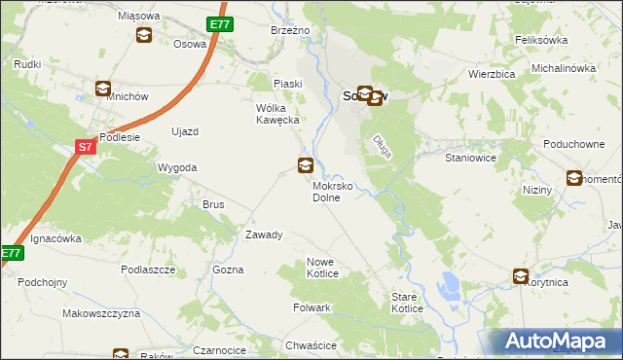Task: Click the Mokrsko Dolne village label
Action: click(338, 190)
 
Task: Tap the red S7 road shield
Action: click(86, 147)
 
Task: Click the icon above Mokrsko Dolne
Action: click(306, 165)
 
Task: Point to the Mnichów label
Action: click(102, 110)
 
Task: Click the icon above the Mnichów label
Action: click(103, 89)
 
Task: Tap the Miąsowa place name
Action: click(137, 17)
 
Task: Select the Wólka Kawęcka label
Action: click(281, 113)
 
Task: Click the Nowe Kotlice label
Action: click(322, 268)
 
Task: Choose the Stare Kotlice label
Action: click(407, 302)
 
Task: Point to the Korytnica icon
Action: click(522, 277)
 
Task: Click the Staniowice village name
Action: click(471, 157)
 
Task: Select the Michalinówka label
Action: click(563, 68)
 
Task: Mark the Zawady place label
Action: click(264, 234)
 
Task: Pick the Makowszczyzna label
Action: click(101, 313)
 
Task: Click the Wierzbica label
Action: click(491, 73)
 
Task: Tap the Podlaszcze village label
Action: click(148, 269)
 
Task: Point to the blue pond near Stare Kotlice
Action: click(450, 286)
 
